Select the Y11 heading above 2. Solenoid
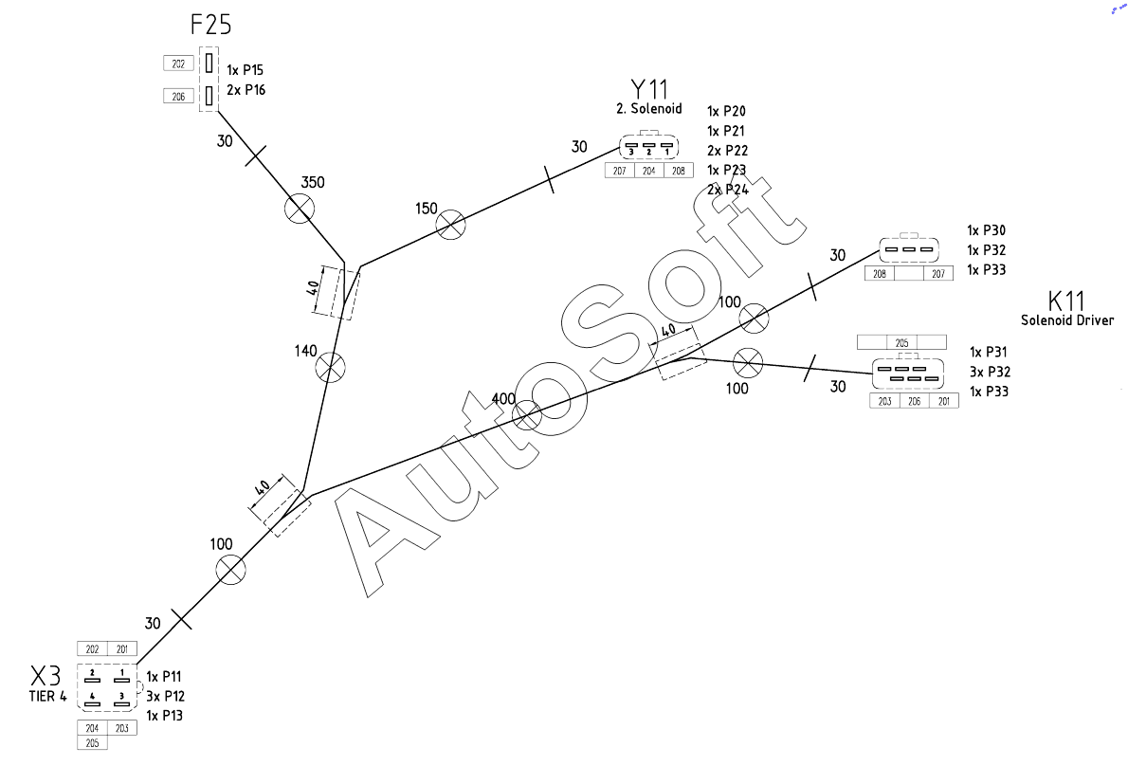point(649,89)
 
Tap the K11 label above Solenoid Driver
point(1066,301)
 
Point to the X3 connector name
point(45,676)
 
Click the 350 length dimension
point(313,182)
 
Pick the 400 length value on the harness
point(503,398)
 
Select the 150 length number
point(426,209)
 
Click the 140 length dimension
point(305,351)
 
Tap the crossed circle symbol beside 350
point(300,209)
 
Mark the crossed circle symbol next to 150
point(450,225)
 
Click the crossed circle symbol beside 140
point(330,367)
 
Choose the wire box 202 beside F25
point(178,64)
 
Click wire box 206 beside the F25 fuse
point(178,96)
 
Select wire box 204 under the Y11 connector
point(649,171)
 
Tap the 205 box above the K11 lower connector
point(901,342)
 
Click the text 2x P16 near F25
point(246,90)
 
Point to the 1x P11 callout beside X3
point(164,677)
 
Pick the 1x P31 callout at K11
point(988,352)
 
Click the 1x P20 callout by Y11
point(726,111)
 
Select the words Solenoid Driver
point(1066,320)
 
